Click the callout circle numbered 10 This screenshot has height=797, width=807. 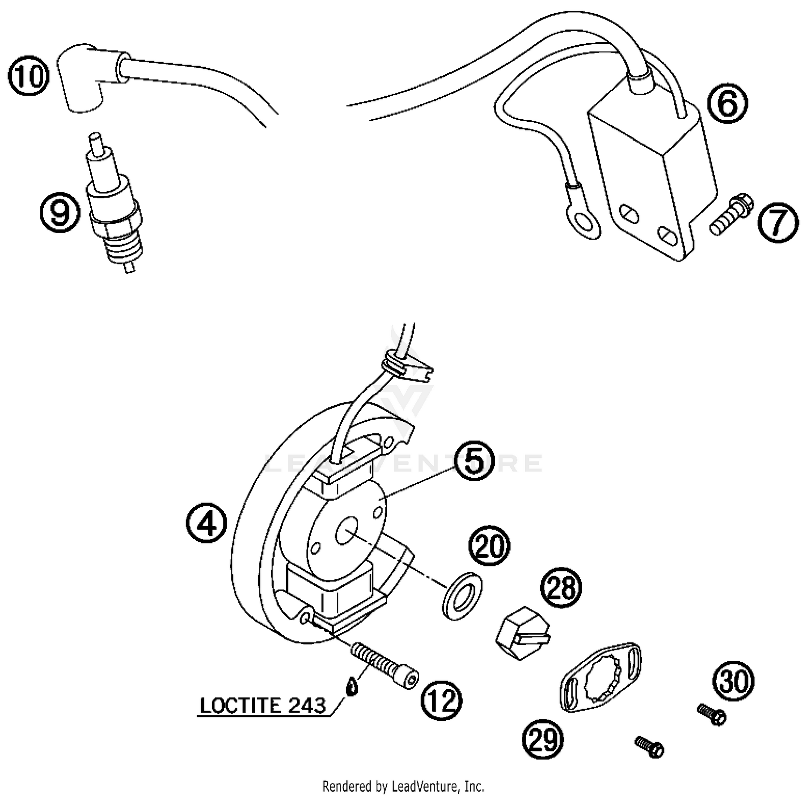(x=29, y=76)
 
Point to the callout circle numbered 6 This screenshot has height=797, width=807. (x=727, y=104)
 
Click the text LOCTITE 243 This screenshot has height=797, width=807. (x=263, y=705)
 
